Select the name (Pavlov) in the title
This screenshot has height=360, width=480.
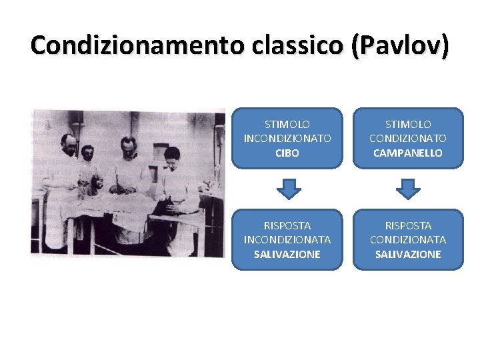398,45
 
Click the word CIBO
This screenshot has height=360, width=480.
287,153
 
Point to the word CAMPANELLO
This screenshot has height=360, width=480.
408,153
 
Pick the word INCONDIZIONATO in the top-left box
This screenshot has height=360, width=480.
287,139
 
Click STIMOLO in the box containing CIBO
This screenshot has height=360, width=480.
287,125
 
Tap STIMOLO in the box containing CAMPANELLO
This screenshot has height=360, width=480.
408,125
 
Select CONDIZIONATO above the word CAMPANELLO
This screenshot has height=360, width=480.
408,139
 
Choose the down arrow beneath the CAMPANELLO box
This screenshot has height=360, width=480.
408,189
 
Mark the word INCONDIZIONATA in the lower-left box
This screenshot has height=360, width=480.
287,240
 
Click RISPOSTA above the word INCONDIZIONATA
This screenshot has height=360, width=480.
287,226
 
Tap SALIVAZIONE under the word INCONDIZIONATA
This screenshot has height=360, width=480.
287,254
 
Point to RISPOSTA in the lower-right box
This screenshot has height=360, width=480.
408,226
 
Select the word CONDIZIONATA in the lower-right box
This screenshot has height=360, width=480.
408,240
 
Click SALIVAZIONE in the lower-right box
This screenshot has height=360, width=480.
408,254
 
